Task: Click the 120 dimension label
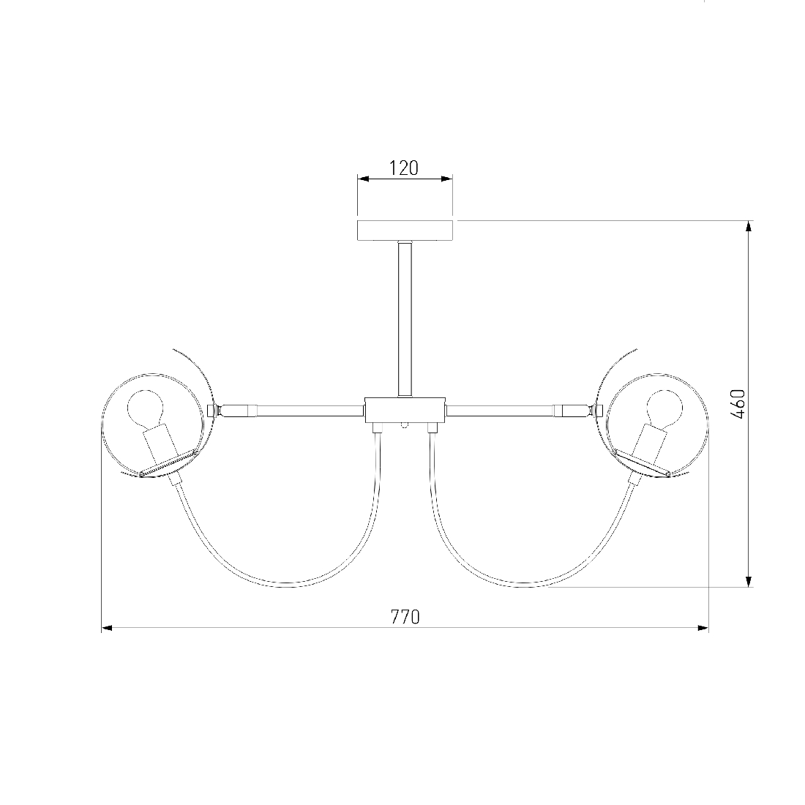(x=405, y=168)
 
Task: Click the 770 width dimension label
(x=405, y=617)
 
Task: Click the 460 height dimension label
(x=737, y=404)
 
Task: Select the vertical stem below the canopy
(x=405, y=318)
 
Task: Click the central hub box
(x=405, y=410)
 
